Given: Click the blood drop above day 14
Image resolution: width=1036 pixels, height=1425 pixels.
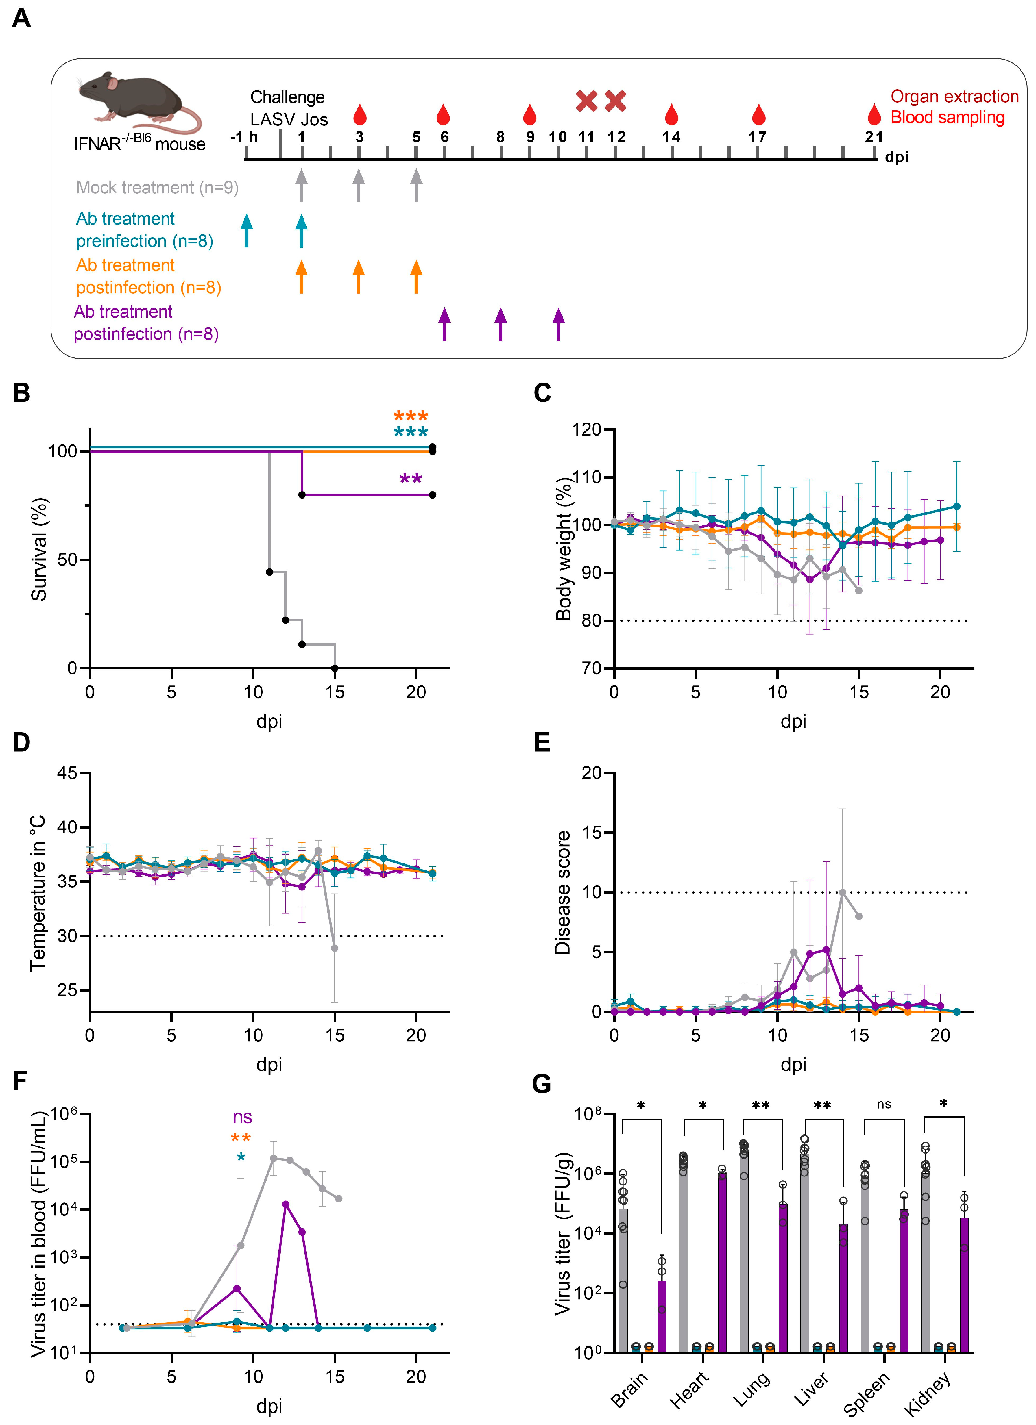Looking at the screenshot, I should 671,114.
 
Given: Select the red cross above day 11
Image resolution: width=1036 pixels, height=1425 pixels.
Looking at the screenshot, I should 586,101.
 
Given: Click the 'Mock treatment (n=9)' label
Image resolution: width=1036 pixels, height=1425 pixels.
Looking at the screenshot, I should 157,187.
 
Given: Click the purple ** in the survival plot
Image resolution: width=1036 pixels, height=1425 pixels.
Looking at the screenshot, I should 411,479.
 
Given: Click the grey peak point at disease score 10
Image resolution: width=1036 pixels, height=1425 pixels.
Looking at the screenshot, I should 842,892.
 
